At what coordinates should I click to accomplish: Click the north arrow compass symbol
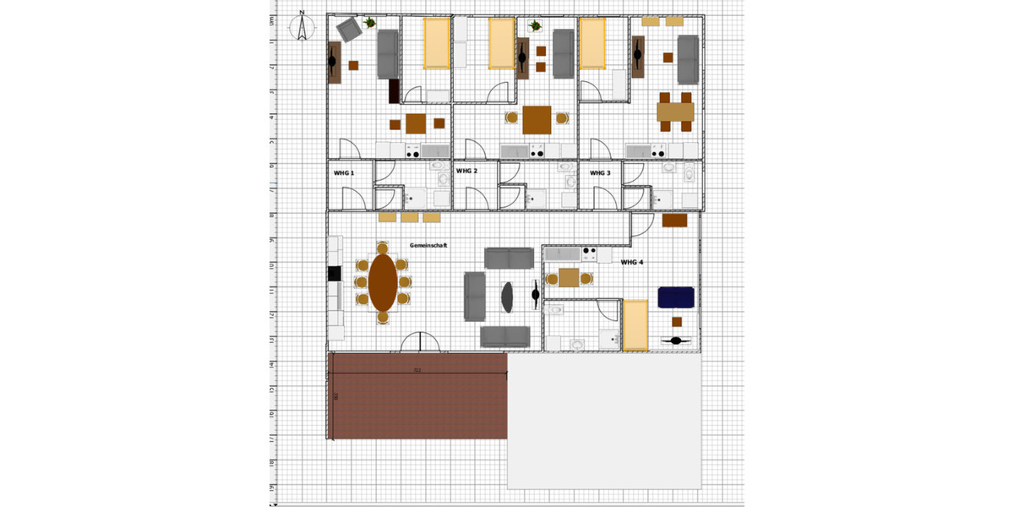point(301,27)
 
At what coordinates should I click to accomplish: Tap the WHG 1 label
point(344,173)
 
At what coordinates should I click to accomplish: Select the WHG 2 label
point(466,172)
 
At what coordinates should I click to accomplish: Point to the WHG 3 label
point(600,173)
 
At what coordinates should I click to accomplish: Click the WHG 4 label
point(633,263)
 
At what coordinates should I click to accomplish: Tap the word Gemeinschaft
point(428,245)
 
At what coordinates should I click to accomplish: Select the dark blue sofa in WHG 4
point(676,297)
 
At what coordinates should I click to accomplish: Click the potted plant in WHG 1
point(370,23)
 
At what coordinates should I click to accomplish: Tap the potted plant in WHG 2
point(535,25)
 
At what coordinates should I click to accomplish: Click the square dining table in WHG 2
point(537,119)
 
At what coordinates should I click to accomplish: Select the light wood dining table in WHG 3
point(675,111)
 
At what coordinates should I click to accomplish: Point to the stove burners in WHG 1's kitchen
point(413,151)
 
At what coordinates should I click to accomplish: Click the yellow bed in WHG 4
point(635,324)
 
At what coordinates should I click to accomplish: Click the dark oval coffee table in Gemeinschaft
point(508,295)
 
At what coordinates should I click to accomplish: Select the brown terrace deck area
point(417,395)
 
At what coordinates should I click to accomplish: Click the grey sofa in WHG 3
point(688,59)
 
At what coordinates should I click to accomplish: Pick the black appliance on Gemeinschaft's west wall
point(334,273)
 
